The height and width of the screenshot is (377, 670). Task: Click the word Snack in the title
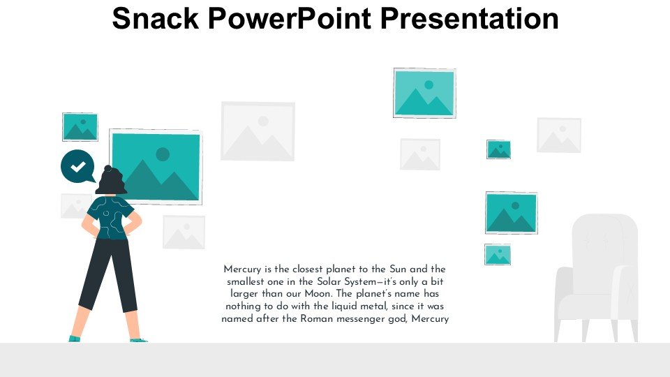(156, 18)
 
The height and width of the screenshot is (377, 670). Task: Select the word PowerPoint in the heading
(290, 18)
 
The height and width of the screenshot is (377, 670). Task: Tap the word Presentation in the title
(469, 18)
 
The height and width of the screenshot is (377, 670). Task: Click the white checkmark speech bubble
(77, 166)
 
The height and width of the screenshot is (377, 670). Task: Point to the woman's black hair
(111, 180)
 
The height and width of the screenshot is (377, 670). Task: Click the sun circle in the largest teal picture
(163, 154)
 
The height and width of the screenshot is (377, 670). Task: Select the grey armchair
(597, 278)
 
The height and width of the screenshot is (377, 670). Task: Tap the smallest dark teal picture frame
(498, 149)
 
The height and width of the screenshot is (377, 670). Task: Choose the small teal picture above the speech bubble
(80, 127)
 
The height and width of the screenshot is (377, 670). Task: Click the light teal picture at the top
(424, 93)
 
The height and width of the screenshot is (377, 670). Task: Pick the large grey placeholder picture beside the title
(258, 131)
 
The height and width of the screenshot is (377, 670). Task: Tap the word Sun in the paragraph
(398, 269)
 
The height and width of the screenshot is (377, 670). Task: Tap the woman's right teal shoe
(138, 340)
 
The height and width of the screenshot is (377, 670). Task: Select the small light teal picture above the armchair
(498, 255)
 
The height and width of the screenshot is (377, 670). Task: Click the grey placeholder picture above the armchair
(559, 135)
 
